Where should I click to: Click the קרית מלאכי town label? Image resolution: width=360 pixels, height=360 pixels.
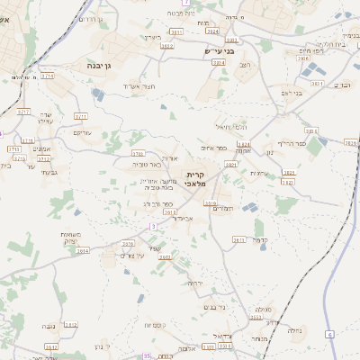[x=196, y=178]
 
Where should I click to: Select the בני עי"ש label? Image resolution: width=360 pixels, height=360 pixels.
[x=219, y=51]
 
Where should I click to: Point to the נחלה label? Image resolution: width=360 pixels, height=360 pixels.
[x=293, y=330]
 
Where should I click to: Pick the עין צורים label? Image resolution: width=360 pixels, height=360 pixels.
[x=132, y=256]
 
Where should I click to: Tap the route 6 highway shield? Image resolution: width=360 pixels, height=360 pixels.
[x=330, y=335]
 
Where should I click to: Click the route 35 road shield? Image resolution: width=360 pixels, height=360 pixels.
[x=147, y=356]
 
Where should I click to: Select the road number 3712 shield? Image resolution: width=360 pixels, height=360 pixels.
[x=44, y=158]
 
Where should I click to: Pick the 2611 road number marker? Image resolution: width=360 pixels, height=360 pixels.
[x=238, y=240]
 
